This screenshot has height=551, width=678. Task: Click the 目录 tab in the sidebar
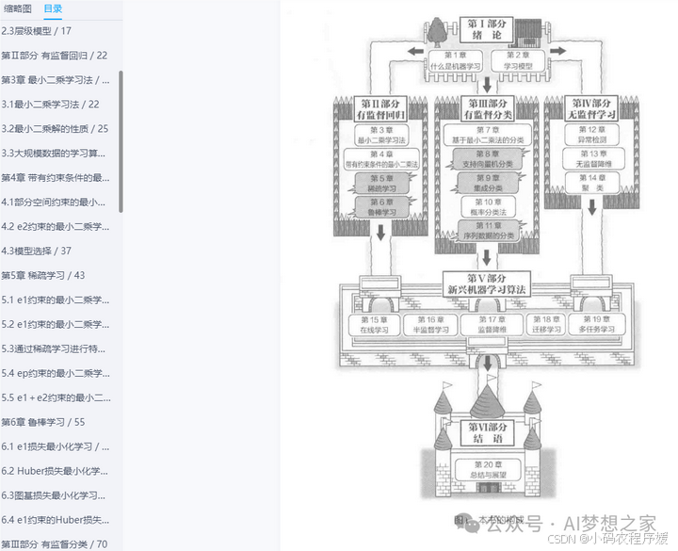point(53,8)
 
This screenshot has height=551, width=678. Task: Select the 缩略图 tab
point(18,8)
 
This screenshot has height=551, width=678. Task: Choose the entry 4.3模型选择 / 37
point(37,251)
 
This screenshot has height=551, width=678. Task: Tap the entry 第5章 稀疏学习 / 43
point(43,275)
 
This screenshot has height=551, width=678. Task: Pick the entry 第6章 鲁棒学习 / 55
point(43,422)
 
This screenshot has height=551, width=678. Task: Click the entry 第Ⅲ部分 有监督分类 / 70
point(55,543)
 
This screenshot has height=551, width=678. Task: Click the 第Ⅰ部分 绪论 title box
point(490,29)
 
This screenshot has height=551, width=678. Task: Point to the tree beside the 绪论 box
point(437,30)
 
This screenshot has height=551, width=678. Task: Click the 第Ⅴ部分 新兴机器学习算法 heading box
point(487,283)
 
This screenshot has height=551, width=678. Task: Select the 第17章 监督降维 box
point(487,325)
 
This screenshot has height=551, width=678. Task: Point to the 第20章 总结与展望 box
point(487,469)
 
